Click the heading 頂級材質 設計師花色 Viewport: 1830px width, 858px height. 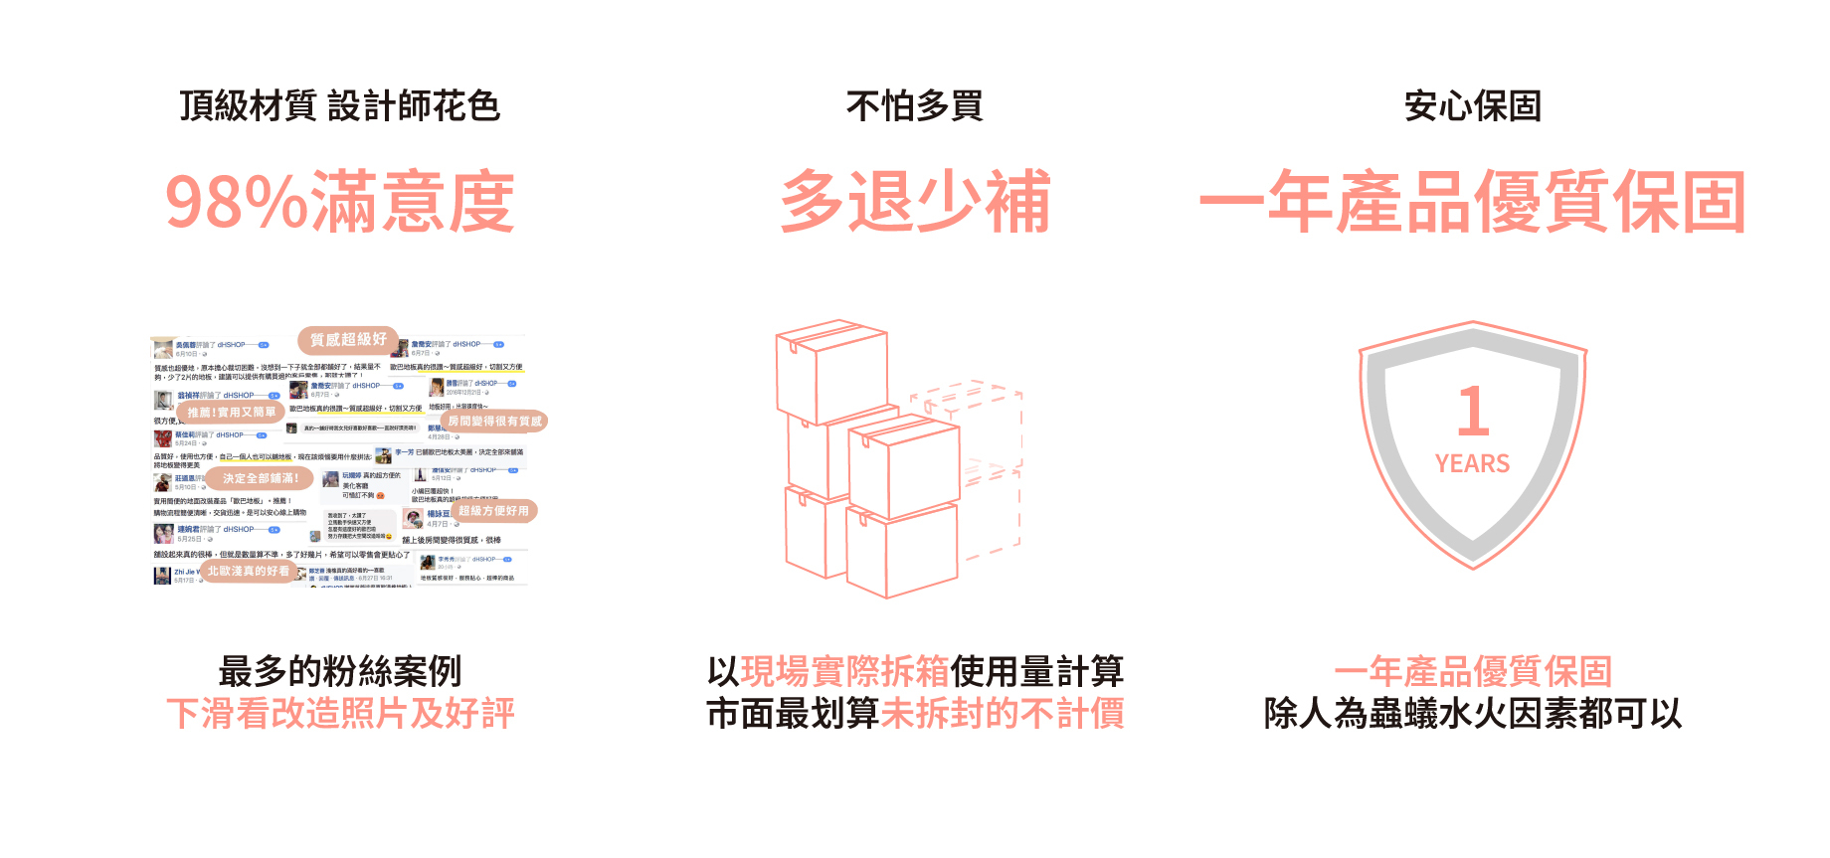[x=339, y=105]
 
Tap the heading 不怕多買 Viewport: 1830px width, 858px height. [x=914, y=105]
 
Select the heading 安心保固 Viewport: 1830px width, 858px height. [x=1472, y=105]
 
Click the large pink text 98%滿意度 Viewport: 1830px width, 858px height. [x=339, y=202]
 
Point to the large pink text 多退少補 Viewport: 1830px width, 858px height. [x=914, y=202]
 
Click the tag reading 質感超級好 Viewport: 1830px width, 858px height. [x=348, y=340]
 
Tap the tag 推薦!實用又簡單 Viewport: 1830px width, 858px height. [x=231, y=412]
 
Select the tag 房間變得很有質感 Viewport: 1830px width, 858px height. [x=494, y=422]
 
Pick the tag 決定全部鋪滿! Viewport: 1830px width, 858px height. [x=260, y=478]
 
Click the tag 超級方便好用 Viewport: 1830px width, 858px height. [x=493, y=511]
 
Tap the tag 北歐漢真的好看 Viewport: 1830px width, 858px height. [x=248, y=571]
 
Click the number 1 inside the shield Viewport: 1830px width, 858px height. [x=1473, y=411]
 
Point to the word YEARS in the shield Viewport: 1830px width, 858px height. [x=1472, y=464]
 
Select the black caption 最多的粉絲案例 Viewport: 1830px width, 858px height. [x=339, y=671]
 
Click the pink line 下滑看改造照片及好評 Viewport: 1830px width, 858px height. [x=339, y=714]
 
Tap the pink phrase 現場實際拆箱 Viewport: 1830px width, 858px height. [x=844, y=671]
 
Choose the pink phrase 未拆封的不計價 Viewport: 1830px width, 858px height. [x=1003, y=714]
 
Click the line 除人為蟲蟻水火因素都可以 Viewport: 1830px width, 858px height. [x=1472, y=714]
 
